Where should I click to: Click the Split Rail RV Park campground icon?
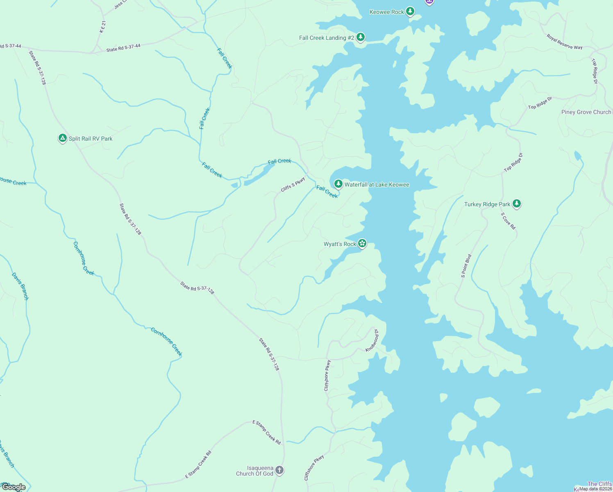click(x=62, y=138)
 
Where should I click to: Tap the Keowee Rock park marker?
click(x=410, y=11)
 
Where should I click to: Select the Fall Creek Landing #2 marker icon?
click(x=361, y=37)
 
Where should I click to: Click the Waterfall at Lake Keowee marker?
click(x=338, y=184)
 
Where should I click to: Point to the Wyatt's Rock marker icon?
click(x=362, y=244)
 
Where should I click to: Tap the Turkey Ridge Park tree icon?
click(x=517, y=203)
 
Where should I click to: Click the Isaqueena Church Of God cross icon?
click(x=279, y=470)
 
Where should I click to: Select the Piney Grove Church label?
click(x=586, y=112)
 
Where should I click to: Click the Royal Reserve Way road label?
click(x=564, y=42)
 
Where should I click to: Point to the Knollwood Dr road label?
click(x=372, y=340)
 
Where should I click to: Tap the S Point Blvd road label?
click(x=466, y=266)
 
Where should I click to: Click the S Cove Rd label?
click(x=508, y=221)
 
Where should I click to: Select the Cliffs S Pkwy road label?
click(x=293, y=184)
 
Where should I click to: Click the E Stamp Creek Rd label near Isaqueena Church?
click(x=267, y=432)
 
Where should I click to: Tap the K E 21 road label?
click(x=102, y=27)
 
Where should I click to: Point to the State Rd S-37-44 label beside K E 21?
click(x=123, y=48)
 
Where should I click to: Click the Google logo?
click(x=14, y=487)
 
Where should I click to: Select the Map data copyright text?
click(x=595, y=489)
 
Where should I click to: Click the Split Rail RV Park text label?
click(x=91, y=139)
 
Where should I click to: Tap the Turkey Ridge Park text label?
click(x=487, y=204)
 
